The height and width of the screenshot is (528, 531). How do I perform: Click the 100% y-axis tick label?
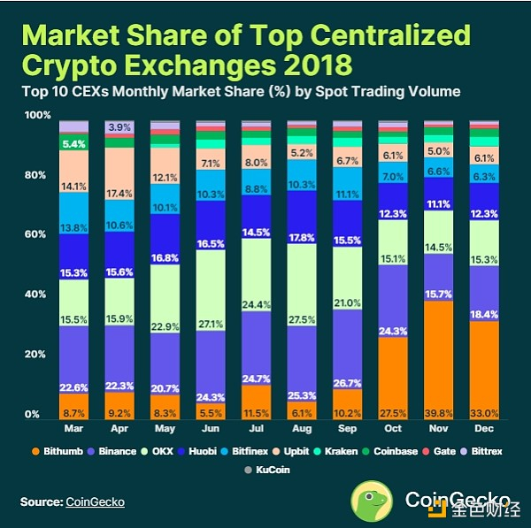click(x=35, y=116)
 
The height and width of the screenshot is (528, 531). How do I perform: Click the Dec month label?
click(x=483, y=429)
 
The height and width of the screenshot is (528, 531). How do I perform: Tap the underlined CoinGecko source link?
click(x=95, y=502)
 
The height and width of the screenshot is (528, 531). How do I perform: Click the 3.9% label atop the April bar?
click(x=119, y=128)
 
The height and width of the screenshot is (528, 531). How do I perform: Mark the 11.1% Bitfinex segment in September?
click(x=348, y=195)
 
